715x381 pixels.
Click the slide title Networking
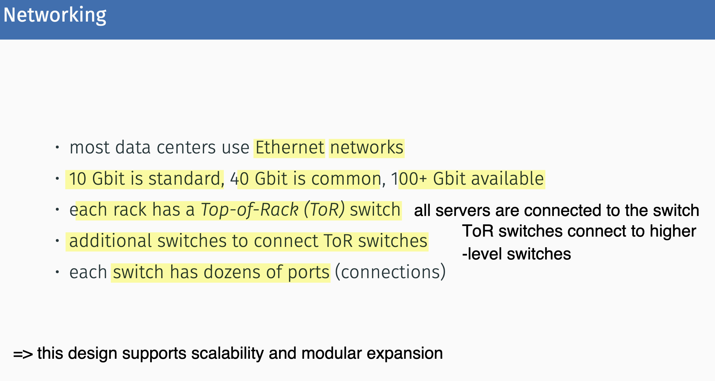click(x=55, y=15)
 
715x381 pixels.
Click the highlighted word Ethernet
click(x=290, y=148)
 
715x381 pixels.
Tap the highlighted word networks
click(x=367, y=148)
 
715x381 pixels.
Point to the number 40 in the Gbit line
click(x=239, y=179)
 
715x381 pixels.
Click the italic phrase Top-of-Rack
click(x=250, y=210)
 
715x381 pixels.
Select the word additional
click(x=110, y=241)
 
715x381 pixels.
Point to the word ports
click(x=308, y=272)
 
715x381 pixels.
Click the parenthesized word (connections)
click(x=390, y=272)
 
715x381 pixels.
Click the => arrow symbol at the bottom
click(x=23, y=354)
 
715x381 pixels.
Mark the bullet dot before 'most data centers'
click(x=57, y=147)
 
